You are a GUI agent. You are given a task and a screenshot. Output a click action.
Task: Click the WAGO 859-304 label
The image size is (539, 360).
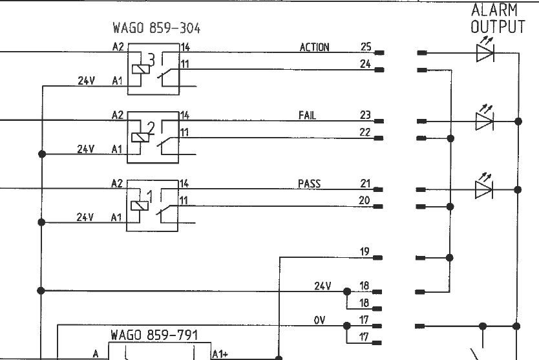point(156,28)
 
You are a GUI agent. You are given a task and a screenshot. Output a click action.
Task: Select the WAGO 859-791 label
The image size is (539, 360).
point(154,335)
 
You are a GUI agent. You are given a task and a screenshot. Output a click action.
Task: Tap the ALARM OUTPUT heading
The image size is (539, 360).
point(497,19)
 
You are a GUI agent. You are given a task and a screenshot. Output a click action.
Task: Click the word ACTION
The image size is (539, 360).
point(314,47)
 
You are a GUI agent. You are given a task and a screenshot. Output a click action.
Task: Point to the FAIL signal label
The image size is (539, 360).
point(307,116)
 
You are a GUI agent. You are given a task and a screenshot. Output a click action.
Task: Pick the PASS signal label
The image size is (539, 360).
point(309,184)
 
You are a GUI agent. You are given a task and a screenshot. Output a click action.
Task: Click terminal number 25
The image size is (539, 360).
point(366,47)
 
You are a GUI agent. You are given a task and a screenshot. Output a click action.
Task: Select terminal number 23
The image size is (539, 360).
point(365,116)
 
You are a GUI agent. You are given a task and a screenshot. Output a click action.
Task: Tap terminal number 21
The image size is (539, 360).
point(365,184)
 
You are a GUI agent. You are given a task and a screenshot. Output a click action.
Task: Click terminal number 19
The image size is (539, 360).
point(365,252)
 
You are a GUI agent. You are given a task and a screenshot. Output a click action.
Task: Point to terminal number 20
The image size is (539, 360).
point(365,200)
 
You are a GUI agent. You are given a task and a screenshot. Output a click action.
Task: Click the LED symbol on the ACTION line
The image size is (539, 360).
point(485,52)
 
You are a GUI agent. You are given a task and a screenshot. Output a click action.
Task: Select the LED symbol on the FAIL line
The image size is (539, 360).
point(485,121)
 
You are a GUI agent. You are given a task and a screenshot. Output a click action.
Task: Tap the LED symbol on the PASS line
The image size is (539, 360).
point(485,189)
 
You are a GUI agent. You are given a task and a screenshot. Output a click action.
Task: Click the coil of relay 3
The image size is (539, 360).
point(138,69)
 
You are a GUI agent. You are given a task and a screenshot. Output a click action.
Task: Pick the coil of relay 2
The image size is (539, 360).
point(138,137)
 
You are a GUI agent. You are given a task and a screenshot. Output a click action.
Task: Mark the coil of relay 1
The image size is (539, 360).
point(138,206)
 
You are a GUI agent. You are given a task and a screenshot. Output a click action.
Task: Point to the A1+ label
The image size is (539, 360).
point(220,354)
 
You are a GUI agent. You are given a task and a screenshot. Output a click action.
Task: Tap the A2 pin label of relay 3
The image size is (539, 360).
point(118,47)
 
